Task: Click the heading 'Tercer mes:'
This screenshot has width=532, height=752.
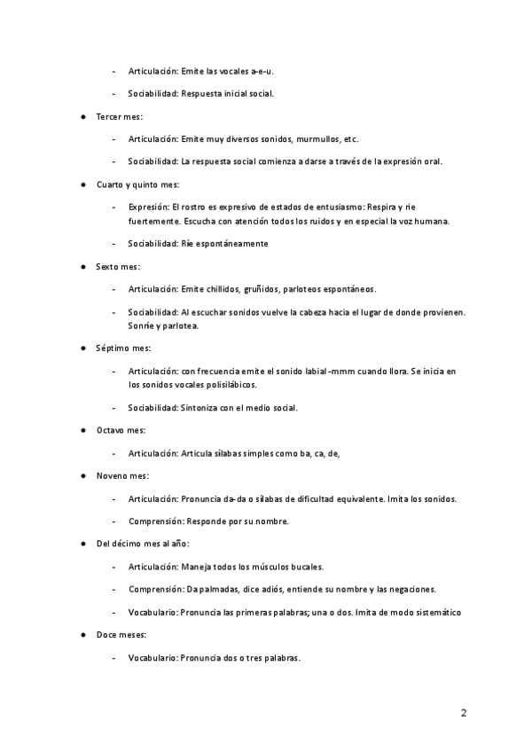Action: (x=120, y=116)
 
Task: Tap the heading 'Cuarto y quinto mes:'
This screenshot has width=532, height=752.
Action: (x=137, y=185)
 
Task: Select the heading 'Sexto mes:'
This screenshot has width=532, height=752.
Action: (x=118, y=266)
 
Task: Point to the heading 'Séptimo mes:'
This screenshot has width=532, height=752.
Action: (x=123, y=349)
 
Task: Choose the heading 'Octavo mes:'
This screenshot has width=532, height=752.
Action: (x=121, y=430)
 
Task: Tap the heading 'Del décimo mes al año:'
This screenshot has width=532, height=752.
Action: (x=143, y=544)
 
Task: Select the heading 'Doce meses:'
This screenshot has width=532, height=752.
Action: (x=121, y=635)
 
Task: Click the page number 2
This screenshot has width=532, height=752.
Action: (x=464, y=712)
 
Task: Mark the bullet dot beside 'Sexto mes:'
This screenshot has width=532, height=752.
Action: (x=82, y=267)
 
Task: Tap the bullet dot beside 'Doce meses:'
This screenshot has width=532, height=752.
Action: (x=82, y=636)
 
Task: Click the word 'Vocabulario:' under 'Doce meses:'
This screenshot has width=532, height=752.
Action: (x=153, y=658)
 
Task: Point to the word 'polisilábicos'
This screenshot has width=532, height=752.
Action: (x=226, y=385)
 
